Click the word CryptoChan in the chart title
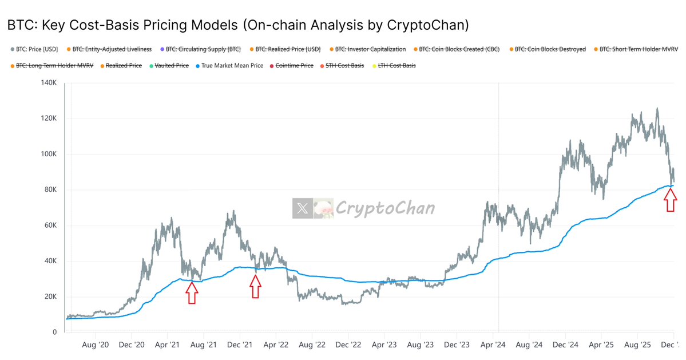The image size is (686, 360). click(431, 25)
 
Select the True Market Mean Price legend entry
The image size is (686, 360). click(232, 66)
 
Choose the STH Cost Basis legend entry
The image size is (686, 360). click(344, 66)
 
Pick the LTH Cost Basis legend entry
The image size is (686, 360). click(396, 66)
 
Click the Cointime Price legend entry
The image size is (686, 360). click(294, 66)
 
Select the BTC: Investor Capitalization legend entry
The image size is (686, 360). click(370, 49)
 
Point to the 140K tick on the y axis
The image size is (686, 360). click(48, 83)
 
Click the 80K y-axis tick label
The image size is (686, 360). click(50, 190)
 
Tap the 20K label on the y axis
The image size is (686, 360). click(50, 296)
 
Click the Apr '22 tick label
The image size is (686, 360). click(276, 345)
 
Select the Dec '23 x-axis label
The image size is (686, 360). click(458, 345)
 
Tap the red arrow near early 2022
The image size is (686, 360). click(255, 286)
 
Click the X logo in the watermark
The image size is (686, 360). click(303, 208)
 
